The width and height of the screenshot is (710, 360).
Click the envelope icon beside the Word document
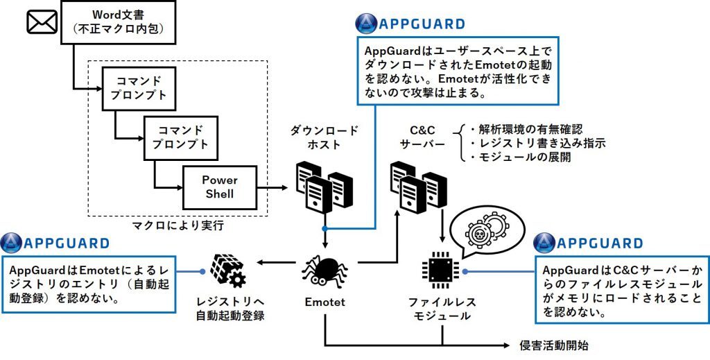42,22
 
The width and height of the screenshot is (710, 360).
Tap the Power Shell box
219,187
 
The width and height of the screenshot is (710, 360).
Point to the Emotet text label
324,302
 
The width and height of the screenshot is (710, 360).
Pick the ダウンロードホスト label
325,138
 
